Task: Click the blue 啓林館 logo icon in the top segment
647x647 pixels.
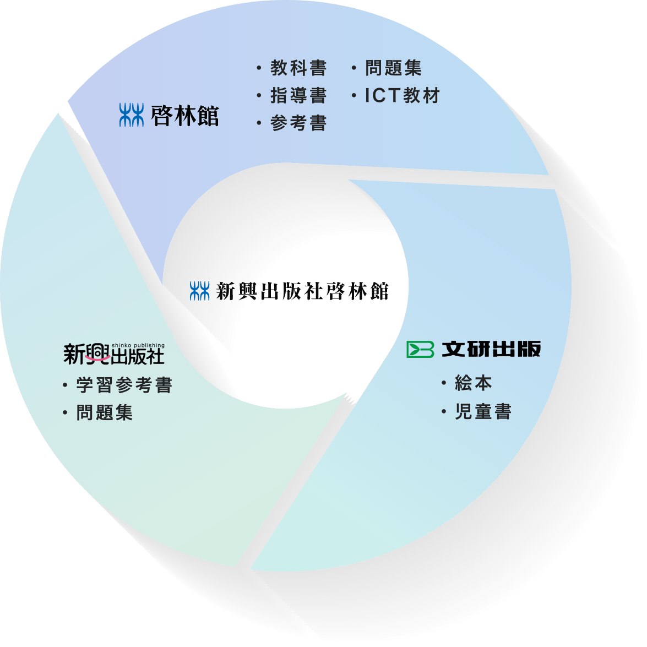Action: [131, 115]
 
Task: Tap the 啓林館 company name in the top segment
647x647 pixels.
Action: [184, 116]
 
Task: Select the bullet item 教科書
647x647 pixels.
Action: [298, 68]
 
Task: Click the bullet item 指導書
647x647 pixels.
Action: [298, 96]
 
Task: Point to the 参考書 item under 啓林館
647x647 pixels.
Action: [298, 123]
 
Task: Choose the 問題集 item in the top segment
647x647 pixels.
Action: [393, 68]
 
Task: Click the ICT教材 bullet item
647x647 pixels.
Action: [402, 96]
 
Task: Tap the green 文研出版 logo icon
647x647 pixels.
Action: [420, 349]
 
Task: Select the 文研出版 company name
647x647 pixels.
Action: [491, 349]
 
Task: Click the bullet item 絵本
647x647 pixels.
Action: [473, 383]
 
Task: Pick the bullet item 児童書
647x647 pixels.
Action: [483, 412]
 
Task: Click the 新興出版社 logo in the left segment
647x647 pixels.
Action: [113, 354]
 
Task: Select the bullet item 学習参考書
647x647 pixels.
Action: [124, 385]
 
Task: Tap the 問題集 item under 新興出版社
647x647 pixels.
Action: [104, 413]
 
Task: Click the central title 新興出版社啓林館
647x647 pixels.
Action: [302, 291]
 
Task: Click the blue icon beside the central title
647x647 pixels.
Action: [200, 291]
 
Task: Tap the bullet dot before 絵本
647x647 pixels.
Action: [444, 383]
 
